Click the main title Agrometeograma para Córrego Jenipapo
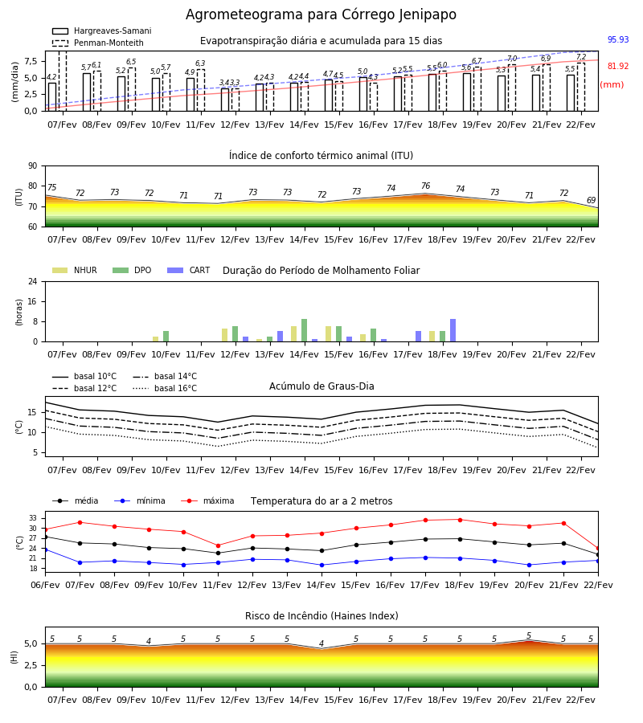pos(321,14)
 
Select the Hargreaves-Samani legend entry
pos(101,31)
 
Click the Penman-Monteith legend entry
pos(98,43)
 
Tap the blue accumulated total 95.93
pos(618,39)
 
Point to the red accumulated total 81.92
pos(618,66)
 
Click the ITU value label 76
pos(426,186)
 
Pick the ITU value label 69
pos(592,200)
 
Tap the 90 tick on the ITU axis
pos(33,166)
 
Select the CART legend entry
pos(189,270)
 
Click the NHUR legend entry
pos(75,270)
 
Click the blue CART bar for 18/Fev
pos(453,330)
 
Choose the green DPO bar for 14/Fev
pos(304,330)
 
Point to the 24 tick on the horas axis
pos(33,281)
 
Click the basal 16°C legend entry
pos(165,388)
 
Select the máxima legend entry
pos(207,500)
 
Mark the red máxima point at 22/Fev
pos(598,549)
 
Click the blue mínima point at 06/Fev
pos(45,549)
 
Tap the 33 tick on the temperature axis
pos(33,518)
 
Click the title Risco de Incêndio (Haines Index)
pos(321,616)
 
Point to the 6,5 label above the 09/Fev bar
pos(131,62)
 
